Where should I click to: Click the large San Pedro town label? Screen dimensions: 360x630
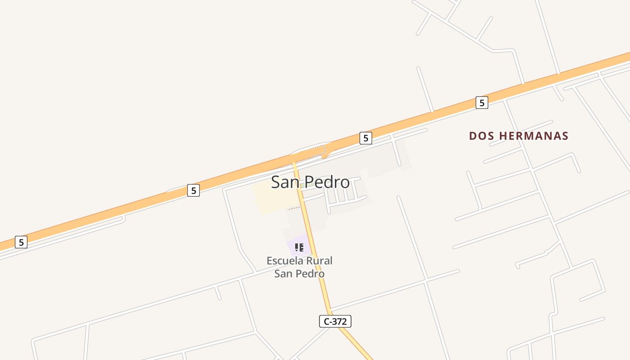(x=310, y=182)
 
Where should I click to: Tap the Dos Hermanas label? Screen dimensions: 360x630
(x=518, y=136)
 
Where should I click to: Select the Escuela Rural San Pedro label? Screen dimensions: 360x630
(x=300, y=267)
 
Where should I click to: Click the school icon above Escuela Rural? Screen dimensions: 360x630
(x=299, y=247)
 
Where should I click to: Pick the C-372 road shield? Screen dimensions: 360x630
(x=335, y=321)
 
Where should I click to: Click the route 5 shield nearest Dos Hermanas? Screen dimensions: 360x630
(x=481, y=103)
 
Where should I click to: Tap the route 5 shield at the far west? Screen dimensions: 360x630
(x=21, y=242)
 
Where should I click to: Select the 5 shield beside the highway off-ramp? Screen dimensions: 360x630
(x=365, y=138)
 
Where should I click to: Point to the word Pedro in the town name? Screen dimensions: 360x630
(x=327, y=182)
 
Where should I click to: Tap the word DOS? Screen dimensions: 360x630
(x=479, y=136)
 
